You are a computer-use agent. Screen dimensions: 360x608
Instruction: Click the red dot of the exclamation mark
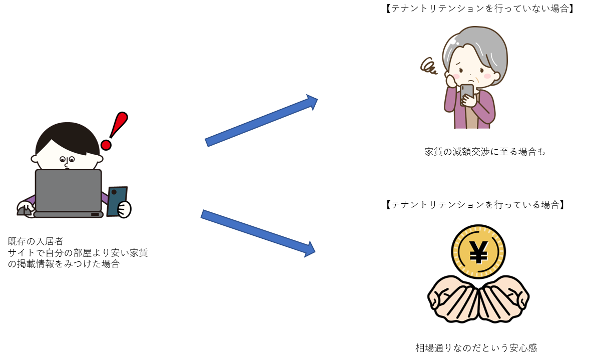tap(106, 145)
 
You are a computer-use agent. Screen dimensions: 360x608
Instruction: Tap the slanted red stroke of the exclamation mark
tap(119, 124)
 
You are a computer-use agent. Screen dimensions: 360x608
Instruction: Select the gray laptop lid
tap(68, 191)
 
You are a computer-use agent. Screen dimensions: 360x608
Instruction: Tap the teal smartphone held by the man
tap(117, 200)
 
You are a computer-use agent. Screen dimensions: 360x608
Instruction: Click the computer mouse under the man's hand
tap(24, 211)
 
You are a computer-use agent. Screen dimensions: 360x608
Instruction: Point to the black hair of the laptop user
tap(67, 138)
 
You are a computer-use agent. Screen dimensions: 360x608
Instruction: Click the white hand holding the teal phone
tap(124, 209)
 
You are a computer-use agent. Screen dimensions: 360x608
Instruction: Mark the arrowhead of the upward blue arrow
tap(313, 102)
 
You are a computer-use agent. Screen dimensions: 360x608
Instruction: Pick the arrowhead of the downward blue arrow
tap(310, 249)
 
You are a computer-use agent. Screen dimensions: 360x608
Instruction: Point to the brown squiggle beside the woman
tap(428, 66)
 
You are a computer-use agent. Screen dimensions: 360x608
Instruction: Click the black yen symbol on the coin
tap(478, 252)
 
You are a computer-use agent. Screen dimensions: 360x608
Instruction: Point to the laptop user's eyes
tap(67, 160)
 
